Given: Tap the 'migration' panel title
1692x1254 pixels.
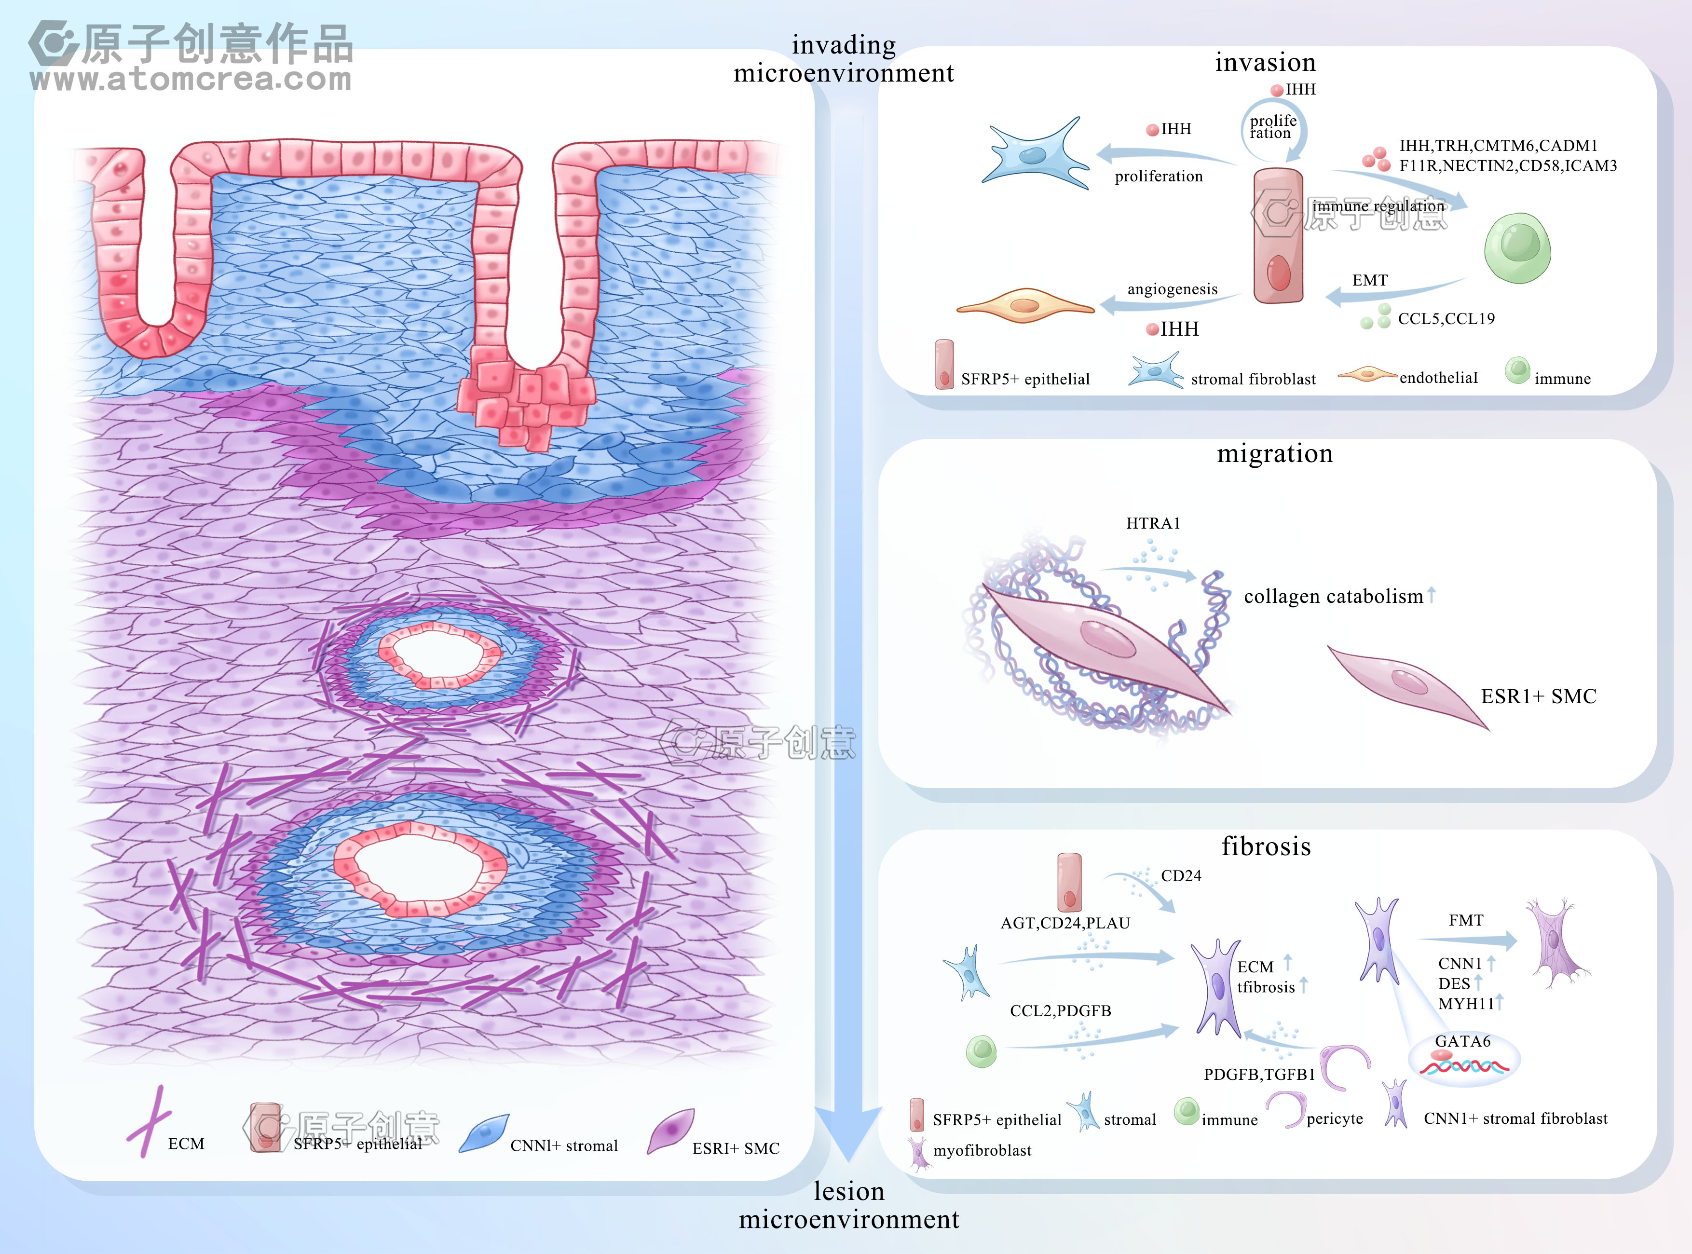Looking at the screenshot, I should pyautogui.click(x=1274, y=453).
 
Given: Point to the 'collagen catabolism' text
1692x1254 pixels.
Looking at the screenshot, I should pyautogui.click(x=1333, y=597).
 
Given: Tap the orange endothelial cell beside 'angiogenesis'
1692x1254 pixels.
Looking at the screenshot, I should pyautogui.click(x=1025, y=305).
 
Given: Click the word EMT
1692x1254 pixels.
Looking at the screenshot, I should pyautogui.click(x=1369, y=280).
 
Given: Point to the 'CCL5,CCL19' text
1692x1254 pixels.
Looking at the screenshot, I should pyautogui.click(x=1446, y=319).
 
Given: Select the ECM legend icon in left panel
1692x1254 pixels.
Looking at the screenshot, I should pyautogui.click(x=150, y=1121).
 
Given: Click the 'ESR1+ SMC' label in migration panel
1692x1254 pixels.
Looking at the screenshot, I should pyautogui.click(x=1538, y=696).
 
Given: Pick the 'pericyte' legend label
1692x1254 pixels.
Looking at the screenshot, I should pyautogui.click(x=1335, y=1119).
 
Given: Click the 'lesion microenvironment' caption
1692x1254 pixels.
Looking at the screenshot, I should pyautogui.click(x=849, y=1205).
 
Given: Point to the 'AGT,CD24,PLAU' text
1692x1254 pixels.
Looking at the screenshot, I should pyautogui.click(x=1065, y=923).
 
